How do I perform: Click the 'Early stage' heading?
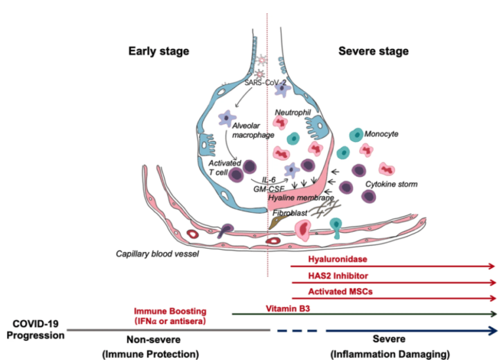pyautogui.click(x=158, y=51)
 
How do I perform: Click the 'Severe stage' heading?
pyautogui.click(x=373, y=51)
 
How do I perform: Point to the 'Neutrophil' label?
pyautogui.click(x=293, y=112)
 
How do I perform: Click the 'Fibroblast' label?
pyautogui.click(x=289, y=213)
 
